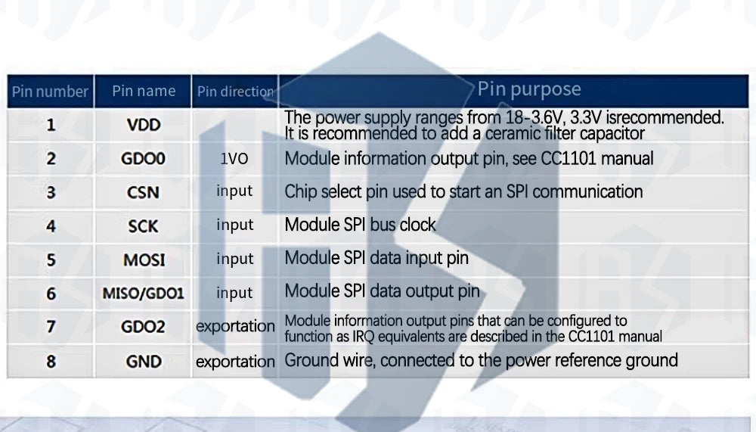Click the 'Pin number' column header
tap(50, 92)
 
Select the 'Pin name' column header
tap(144, 92)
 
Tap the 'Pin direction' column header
tap(235, 92)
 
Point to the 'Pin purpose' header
tap(529, 89)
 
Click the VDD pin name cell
tap(144, 125)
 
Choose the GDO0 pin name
tap(144, 160)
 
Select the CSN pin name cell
tap(144, 192)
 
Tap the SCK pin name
tap(144, 226)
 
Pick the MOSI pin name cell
tap(144, 260)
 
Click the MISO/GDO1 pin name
tap(144, 293)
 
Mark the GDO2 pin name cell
tap(144, 327)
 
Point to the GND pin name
tap(144, 361)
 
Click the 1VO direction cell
tap(234, 159)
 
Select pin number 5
tap(51, 260)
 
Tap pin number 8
tap(51, 361)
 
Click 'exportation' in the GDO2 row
tap(235, 327)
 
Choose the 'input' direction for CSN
tap(234, 191)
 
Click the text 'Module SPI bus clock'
tap(360, 225)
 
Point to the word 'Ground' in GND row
tap(307, 360)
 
